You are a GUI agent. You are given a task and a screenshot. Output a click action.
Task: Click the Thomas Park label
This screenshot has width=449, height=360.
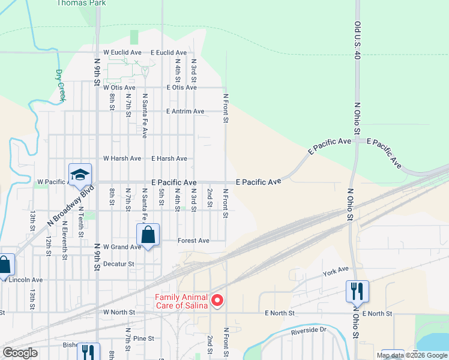point(81,3)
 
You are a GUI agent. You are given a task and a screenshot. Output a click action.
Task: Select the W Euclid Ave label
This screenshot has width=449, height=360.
point(122,53)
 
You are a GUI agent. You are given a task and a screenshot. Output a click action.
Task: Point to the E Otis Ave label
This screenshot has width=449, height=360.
point(173,88)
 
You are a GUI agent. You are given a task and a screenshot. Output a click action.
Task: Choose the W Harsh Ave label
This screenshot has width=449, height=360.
point(122,158)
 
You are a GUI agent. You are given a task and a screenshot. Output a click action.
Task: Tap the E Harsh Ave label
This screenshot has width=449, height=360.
point(169,158)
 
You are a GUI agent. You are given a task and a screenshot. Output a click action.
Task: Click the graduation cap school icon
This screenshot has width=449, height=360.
point(80,175)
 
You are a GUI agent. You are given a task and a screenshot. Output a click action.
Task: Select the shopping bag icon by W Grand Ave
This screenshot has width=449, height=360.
point(148,235)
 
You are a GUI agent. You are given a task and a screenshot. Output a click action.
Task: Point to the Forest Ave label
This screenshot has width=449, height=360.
point(193,241)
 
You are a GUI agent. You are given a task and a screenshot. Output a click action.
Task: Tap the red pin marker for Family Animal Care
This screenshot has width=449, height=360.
point(217,301)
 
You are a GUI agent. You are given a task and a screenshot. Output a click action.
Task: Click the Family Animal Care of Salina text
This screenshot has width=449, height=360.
point(181,301)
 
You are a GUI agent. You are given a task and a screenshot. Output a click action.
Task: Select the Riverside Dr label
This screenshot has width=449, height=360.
point(309,330)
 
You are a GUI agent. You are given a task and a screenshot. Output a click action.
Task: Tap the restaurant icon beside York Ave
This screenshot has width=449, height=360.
point(357,292)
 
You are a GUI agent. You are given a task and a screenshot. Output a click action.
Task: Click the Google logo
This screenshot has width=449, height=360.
point(20,353)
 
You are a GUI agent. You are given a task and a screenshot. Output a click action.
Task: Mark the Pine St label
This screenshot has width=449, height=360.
point(144,338)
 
